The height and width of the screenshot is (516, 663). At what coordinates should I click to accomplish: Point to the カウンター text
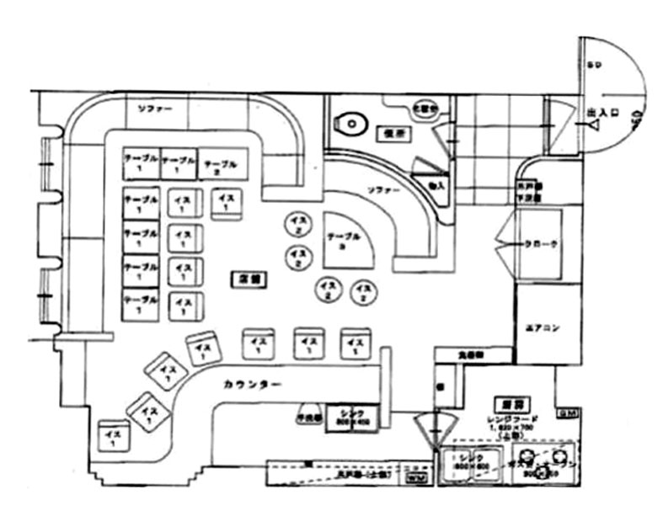pos(252,385)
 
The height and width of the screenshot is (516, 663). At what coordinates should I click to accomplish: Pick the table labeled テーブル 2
pos(222,163)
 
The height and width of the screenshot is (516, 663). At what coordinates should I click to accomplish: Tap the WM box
pos(415,477)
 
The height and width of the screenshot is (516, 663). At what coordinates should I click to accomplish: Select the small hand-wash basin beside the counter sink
pos(307,415)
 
